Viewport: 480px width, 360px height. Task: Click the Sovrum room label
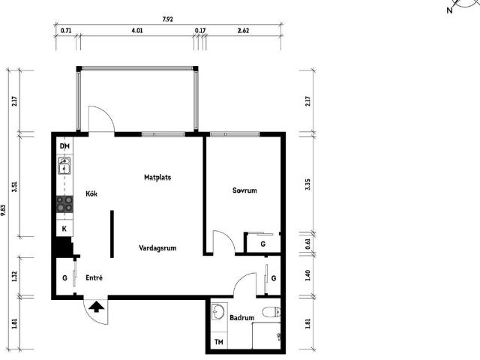(x=244, y=190)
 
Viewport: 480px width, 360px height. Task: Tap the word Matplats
(x=157, y=177)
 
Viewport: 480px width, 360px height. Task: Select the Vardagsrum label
(x=157, y=248)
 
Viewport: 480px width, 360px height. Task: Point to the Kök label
(x=91, y=193)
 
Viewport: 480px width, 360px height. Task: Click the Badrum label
(x=241, y=318)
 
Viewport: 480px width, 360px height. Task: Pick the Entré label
(x=94, y=278)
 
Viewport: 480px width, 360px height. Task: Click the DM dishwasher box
(x=64, y=146)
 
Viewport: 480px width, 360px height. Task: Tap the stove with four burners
(x=64, y=205)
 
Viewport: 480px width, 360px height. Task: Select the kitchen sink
(x=64, y=166)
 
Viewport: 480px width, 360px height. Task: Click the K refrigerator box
(x=64, y=228)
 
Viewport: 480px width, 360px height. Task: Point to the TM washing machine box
(x=219, y=342)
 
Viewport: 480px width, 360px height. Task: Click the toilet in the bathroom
(x=271, y=313)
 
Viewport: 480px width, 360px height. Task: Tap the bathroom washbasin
(x=218, y=312)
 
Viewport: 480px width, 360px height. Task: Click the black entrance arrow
(x=96, y=307)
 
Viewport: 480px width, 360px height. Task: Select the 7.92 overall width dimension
(x=167, y=19)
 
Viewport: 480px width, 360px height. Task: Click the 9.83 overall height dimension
(x=3, y=210)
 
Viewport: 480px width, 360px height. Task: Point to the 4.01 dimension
(x=136, y=31)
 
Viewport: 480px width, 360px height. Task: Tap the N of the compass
(x=449, y=10)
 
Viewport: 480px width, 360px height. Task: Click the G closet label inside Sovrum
(x=262, y=244)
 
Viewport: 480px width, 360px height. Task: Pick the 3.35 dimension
(x=307, y=184)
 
